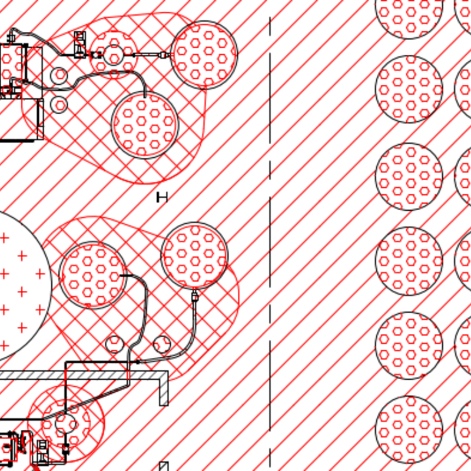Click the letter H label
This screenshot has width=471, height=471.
coord(162,197)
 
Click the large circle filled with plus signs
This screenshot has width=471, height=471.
coord(18,286)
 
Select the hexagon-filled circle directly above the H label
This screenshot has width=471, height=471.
coord(145,125)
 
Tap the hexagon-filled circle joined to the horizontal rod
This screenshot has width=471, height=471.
coord(204,55)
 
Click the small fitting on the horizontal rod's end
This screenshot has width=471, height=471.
coord(163,55)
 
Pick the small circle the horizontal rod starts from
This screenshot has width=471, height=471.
coord(113,55)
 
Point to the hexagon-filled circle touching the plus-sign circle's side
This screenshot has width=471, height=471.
coord(92,275)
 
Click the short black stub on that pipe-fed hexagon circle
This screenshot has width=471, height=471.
coord(125,275)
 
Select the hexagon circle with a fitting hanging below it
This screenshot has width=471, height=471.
coord(194,256)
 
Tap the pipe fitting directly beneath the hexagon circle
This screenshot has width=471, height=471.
coord(195,296)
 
